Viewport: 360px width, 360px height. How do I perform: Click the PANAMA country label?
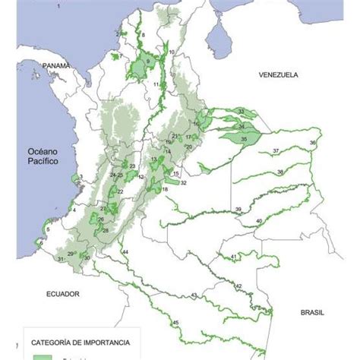pyautogui.click(x=57, y=66)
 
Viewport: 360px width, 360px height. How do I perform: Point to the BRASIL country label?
pyautogui.click(x=312, y=312)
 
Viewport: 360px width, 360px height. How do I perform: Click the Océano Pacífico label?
pyautogui.click(x=44, y=157)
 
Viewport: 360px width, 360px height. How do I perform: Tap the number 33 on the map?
pyautogui.click(x=242, y=112)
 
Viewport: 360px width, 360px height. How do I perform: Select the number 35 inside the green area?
pyautogui.click(x=244, y=140)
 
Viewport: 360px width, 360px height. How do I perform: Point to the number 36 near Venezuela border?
pyautogui.click(x=313, y=143)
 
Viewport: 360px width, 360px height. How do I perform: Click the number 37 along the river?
pyautogui.click(x=275, y=151)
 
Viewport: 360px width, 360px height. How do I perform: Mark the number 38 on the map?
pyautogui.click(x=280, y=172)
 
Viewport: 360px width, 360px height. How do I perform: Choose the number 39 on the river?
pyautogui.click(x=238, y=210)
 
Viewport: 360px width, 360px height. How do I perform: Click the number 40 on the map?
pyautogui.click(x=259, y=220)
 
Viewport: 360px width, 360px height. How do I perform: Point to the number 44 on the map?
pyautogui.click(x=125, y=251)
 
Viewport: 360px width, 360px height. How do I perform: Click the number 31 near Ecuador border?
pyautogui.click(x=61, y=260)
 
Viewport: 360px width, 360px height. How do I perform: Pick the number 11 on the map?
pyautogui.click(x=156, y=84)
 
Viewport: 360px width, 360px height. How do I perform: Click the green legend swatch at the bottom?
pyautogui.click(x=45, y=356)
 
